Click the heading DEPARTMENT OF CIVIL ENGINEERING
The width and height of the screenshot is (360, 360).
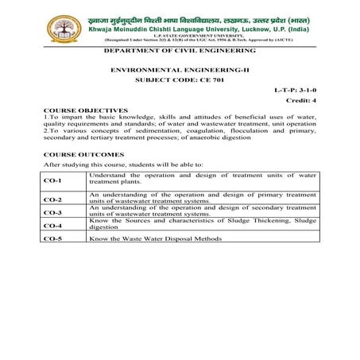(180, 50)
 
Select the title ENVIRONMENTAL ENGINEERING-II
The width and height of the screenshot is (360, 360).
(179, 70)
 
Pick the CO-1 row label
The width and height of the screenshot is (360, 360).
(52, 181)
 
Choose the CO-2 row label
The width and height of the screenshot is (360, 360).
(52, 199)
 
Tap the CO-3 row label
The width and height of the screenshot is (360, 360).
(52, 212)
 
